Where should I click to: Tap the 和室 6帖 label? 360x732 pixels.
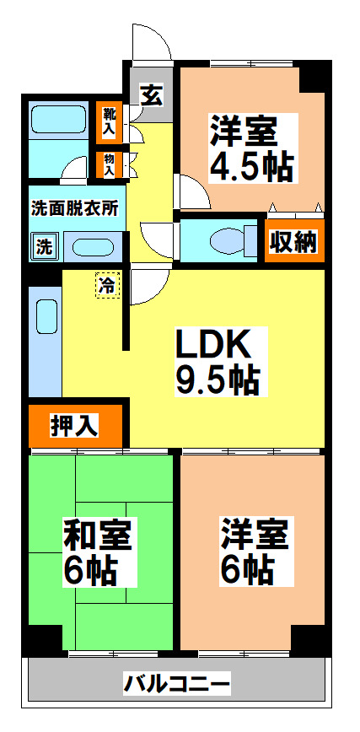click(x=99, y=553)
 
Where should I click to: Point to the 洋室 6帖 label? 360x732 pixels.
click(x=254, y=553)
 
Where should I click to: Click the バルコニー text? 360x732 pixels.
click(x=176, y=681)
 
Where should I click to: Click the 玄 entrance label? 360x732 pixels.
click(x=150, y=94)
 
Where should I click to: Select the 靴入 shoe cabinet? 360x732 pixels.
click(x=110, y=120)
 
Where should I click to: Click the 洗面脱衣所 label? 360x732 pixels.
click(x=73, y=206)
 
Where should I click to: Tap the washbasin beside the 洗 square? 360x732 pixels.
click(x=89, y=247)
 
